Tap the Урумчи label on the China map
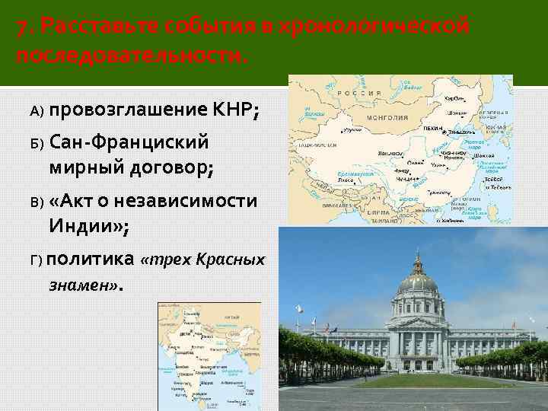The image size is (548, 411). pos(352,131)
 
